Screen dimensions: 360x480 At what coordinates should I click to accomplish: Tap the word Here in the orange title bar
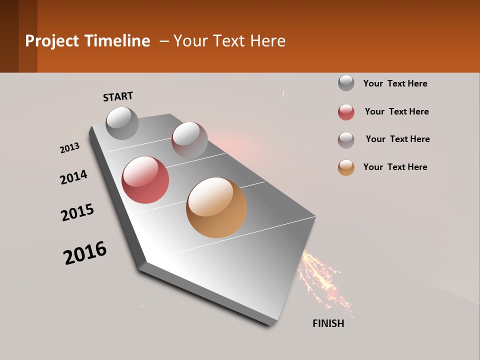click(x=267, y=41)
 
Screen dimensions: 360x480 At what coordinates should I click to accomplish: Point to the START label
click(x=118, y=96)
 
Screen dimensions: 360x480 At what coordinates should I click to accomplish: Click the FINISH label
click(x=328, y=323)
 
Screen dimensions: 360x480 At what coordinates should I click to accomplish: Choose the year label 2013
click(x=69, y=148)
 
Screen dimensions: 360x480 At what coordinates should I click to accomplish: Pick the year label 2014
click(x=73, y=177)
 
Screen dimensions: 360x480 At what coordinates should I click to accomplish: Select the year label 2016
click(x=85, y=253)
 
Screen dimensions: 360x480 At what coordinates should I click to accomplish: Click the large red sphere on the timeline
click(x=145, y=180)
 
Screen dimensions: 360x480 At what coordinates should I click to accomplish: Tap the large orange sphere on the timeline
click(x=216, y=207)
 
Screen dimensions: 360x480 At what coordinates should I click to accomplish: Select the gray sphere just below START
click(x=122, y=123)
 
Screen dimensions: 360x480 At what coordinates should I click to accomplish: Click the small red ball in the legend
click(x=346, y=112)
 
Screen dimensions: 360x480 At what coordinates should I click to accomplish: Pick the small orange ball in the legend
click(x=346, y=167)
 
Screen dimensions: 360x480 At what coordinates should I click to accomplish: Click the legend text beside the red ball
click(x=396, y=111)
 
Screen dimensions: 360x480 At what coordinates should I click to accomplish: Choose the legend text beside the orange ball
click(x=395, y=167)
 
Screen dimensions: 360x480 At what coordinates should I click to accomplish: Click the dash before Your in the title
click(x=164, y=41)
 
